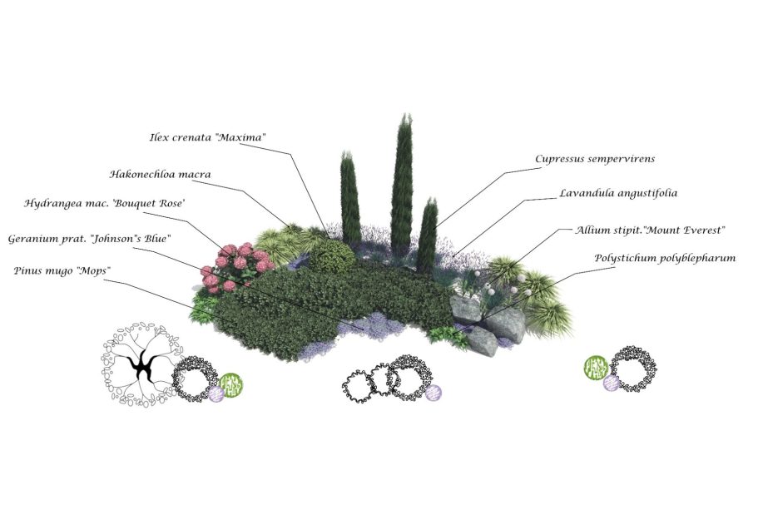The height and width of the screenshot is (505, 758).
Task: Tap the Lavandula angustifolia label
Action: click(618, 193)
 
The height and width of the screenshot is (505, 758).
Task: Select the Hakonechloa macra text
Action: click(160, 175)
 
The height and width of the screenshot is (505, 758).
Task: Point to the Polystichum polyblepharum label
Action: click(665, 258)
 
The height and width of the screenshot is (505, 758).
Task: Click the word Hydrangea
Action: click(52, 203)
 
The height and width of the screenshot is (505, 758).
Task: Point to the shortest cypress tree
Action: click(428, 229)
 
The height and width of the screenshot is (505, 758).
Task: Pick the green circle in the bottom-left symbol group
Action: click(230, 385)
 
